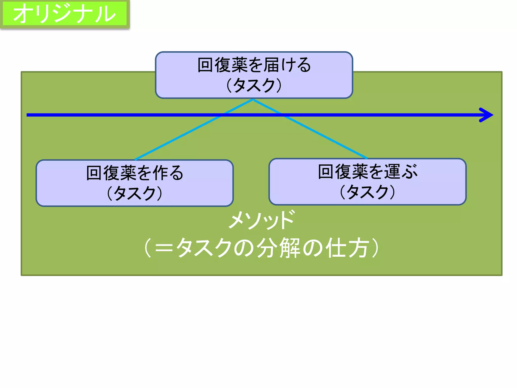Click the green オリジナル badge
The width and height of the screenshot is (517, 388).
[65, 14]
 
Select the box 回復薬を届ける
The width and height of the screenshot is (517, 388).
[254, 75]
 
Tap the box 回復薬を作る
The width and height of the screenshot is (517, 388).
[135, 183]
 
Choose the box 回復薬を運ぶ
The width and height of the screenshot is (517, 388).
[367, 182]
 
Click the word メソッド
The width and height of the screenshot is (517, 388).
[262, 220]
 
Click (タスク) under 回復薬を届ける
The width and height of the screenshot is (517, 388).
[254, 85]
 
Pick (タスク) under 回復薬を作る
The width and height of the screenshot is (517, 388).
[135, 193]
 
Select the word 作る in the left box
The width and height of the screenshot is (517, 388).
[168, 173]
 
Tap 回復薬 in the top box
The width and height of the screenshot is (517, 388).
[223, 65]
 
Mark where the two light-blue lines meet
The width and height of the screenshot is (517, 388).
[253, 100]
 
